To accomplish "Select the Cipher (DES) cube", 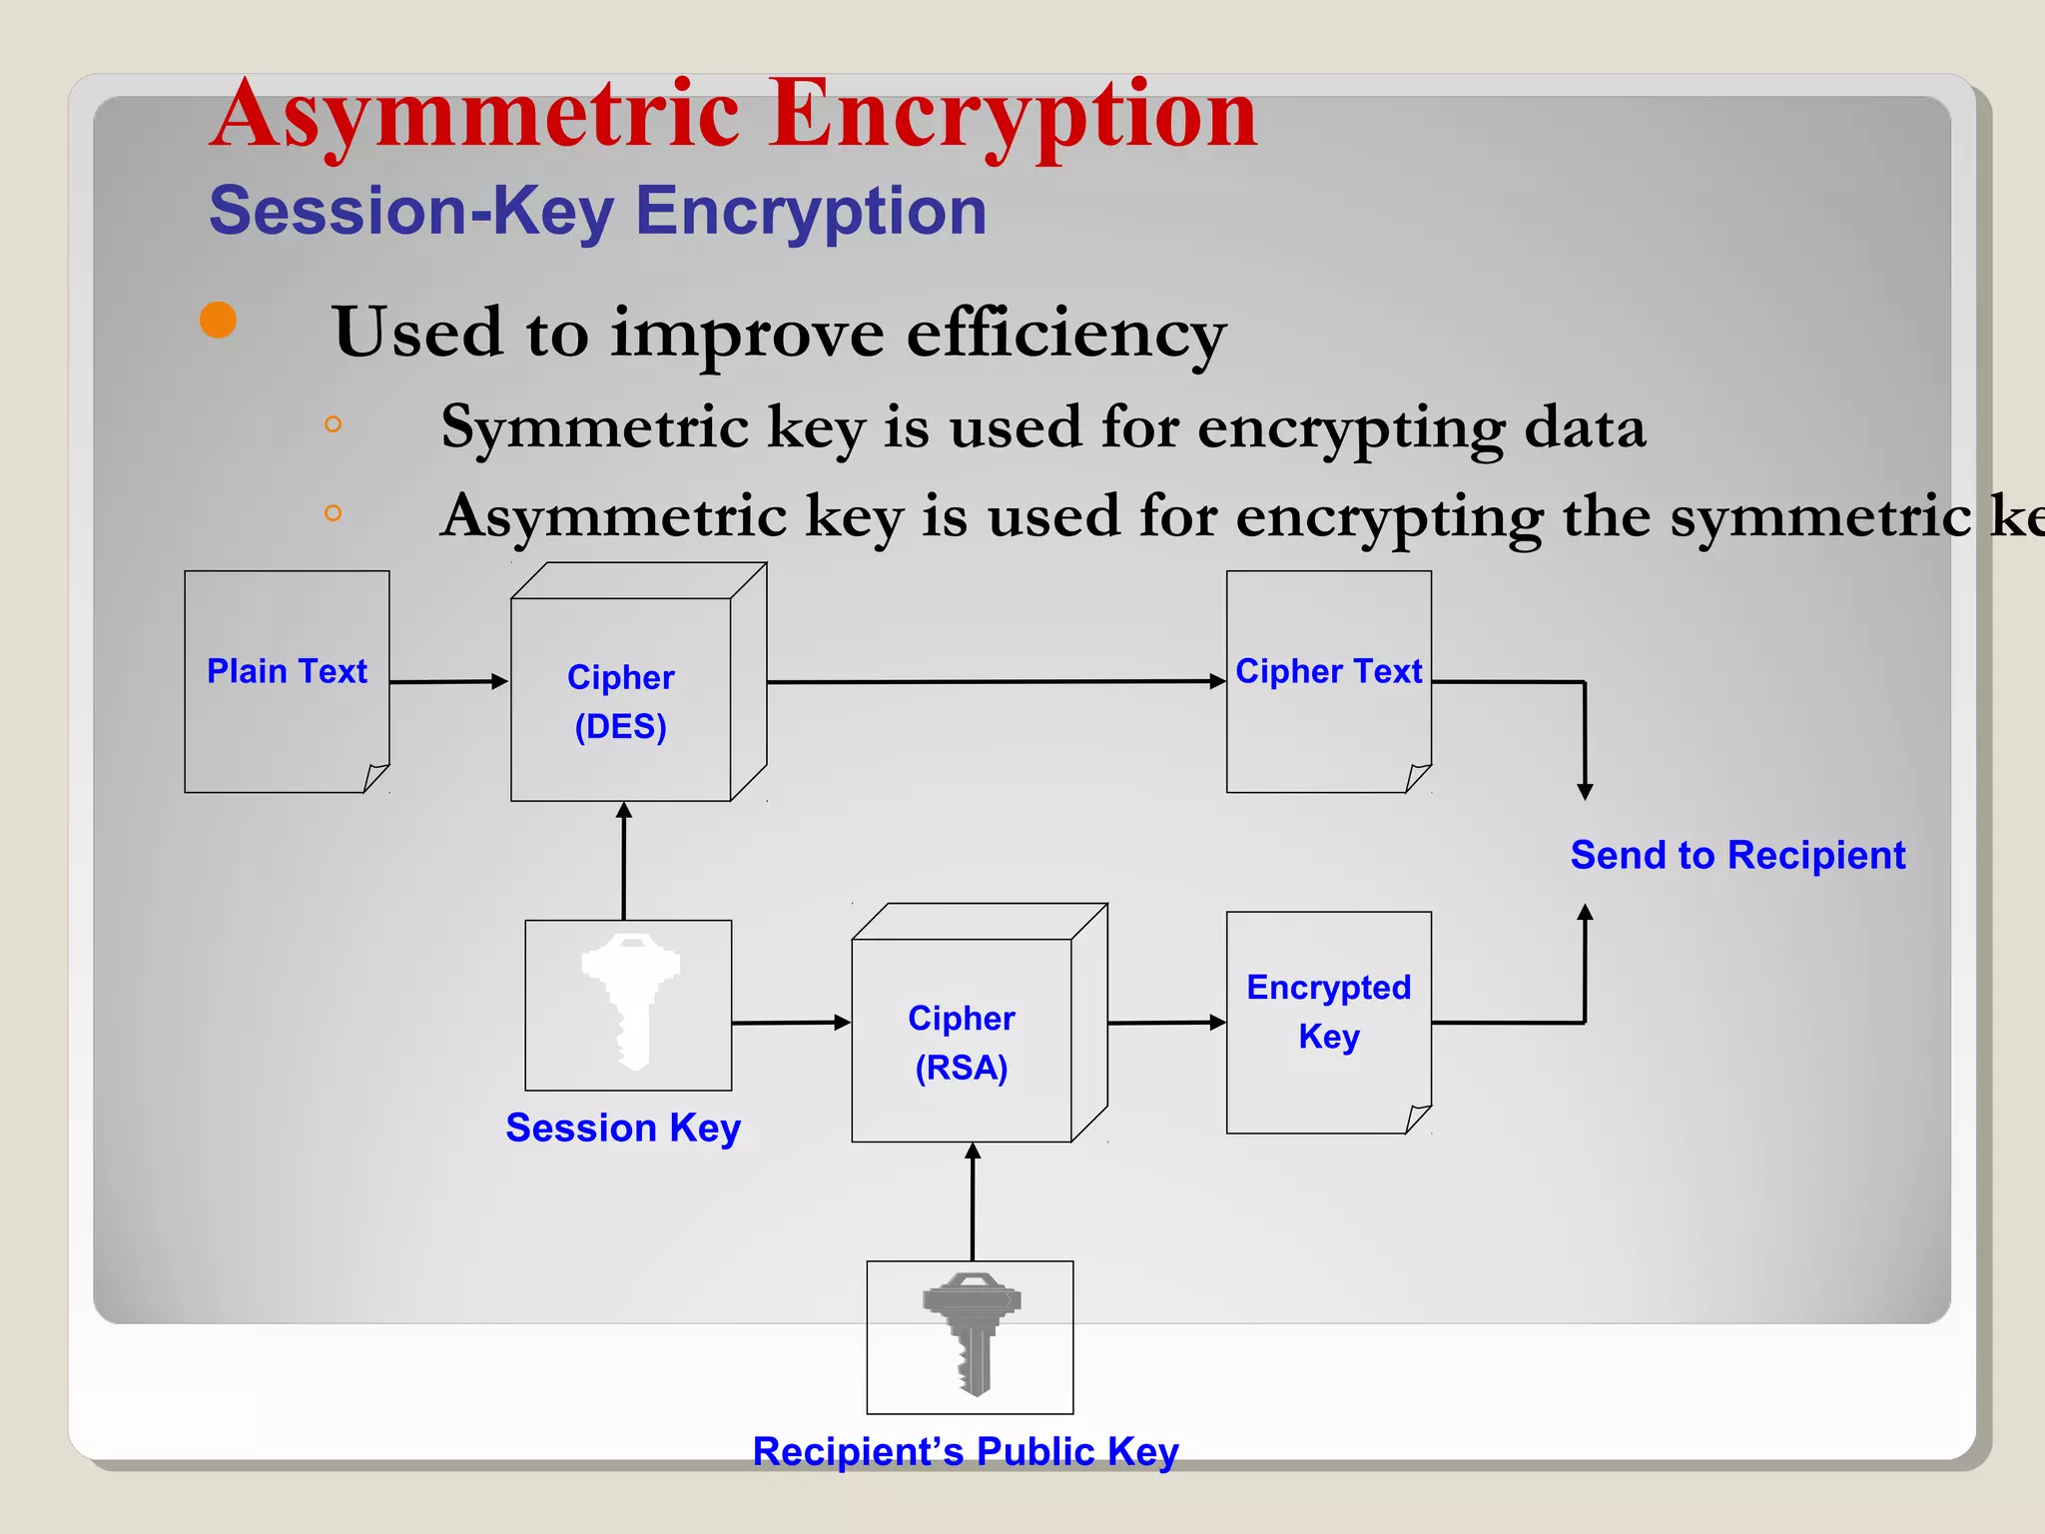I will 621,699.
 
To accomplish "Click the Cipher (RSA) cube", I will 962,1040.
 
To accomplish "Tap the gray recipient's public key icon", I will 972,1333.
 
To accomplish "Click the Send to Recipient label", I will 1737,855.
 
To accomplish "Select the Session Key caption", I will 623,1128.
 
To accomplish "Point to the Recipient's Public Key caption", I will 966,1451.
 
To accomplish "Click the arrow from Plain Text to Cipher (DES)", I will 448,682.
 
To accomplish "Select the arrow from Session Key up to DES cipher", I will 624,860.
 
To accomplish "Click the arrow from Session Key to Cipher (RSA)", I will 790,1023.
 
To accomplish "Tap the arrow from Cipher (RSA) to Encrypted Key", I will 1165,1023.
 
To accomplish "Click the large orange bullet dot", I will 218,320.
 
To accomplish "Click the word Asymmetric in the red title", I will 475,115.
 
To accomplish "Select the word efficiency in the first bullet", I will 1065,334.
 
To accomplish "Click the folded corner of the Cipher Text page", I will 1418,777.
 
